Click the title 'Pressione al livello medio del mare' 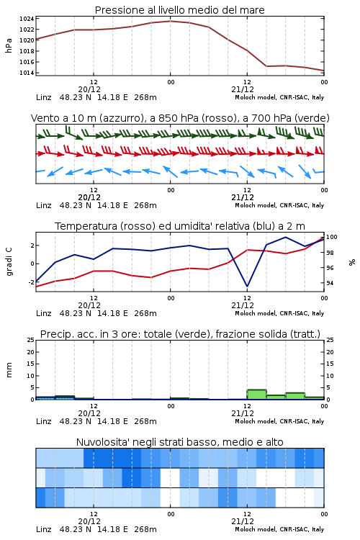point(179,10)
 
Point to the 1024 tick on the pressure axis point(27,19)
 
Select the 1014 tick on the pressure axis point(27,73)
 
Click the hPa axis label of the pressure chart point(9,45)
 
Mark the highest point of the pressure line point(170,22)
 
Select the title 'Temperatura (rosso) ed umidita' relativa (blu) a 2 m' point(180,226)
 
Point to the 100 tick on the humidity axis point(332,237)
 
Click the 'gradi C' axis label point(9,261)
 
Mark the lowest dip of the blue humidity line point(247,286)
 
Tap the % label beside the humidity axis point(352,262)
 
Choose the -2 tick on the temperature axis point(31,282)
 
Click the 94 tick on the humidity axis point(330,283)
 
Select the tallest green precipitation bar point(256,395)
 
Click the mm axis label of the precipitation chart point(9,370)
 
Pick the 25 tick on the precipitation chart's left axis point(31,340)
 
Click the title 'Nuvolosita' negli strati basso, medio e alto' point(179,442)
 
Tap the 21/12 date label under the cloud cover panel point(243,521)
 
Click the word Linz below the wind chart point(44,205)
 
